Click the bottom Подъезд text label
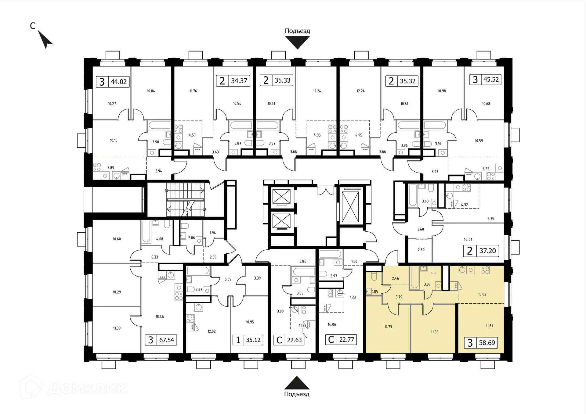click(297, 394)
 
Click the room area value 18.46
click(160, 317)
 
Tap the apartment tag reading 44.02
click(113, 82)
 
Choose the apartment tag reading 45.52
click(485, 80)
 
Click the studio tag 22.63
click(289, 340)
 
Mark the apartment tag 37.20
click(481, 251)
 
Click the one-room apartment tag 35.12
click(248, 340)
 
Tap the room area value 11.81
click(489, 326)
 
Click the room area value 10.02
click(482, 294)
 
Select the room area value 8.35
click(491, 219)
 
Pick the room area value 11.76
click(193, 91)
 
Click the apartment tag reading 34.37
click(233, 81)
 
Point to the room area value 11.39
click(117, 328)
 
